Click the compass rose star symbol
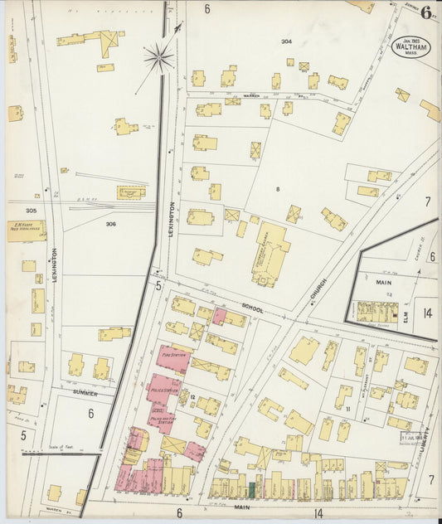coord(158,56)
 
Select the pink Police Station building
coord(163,388)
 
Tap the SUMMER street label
coord(85,393)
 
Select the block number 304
coord(286,41)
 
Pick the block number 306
coord(110,224)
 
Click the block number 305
coord(31,211)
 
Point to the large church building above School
coord(270,254)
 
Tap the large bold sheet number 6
coord(425,12)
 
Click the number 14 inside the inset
coord(426,313)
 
